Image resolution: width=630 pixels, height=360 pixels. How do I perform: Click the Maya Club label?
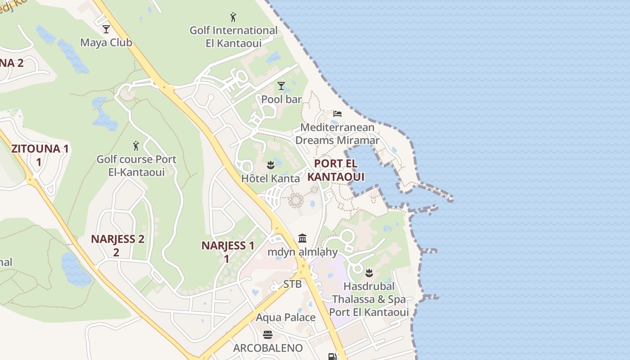[106, 43]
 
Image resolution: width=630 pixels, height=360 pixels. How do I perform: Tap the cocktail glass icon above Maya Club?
[106, 29]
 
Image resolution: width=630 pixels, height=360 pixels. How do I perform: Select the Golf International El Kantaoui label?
[234, 37]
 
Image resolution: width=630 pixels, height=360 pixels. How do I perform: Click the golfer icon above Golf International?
[233, 18]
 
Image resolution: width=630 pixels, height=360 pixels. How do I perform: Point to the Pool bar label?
[281, 99]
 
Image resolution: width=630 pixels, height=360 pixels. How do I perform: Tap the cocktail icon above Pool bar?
[281, 85]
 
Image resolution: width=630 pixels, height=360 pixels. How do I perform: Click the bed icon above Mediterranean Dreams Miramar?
[337, 114]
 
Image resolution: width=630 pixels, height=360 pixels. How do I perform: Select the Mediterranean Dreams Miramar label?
[337, 134]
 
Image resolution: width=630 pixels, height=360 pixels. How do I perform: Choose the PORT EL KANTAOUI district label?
[336, 170]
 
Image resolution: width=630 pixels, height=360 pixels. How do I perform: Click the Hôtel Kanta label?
[270, 178]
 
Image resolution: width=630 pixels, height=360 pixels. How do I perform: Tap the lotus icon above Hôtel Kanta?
[270, 165]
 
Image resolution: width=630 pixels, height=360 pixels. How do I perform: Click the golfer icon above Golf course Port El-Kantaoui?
[136, 146]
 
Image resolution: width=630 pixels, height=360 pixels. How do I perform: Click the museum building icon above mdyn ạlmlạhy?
[302, 238]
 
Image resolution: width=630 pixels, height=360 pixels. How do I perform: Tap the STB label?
[292, 284]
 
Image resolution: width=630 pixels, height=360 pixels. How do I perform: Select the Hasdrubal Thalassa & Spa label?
[369, 299]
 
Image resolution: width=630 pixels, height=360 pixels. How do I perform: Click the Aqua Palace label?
[286, 318]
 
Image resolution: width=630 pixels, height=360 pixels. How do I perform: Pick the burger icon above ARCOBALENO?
[268, 335]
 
